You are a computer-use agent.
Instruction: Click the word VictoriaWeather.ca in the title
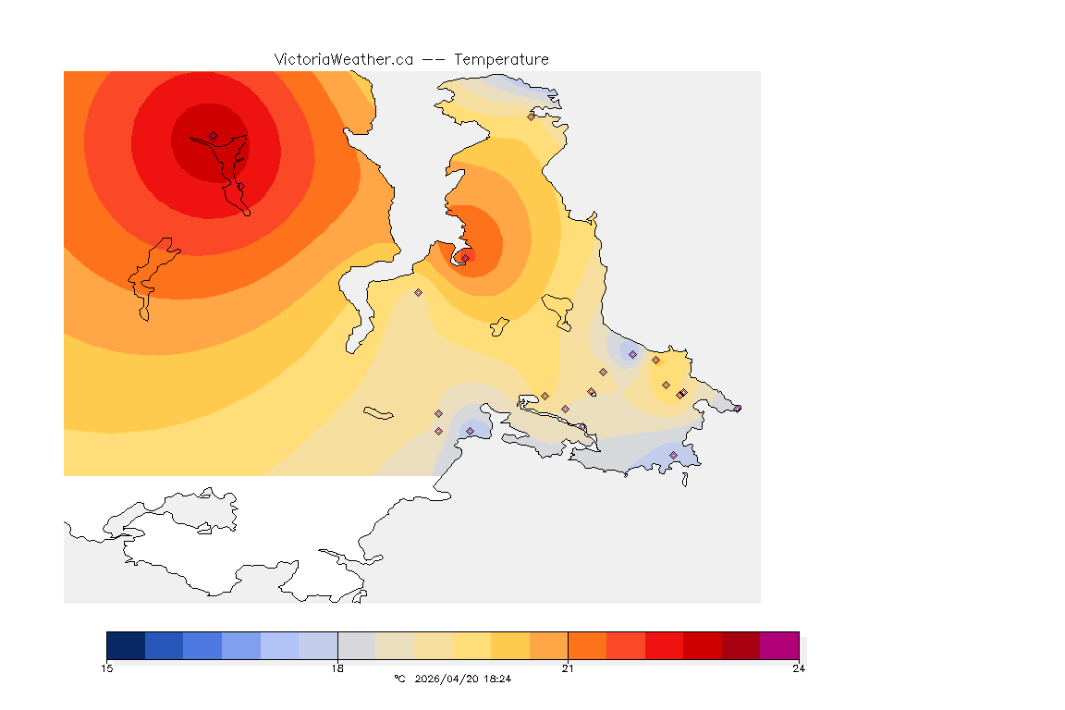coord(343,59)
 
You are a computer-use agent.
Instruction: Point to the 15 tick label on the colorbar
coord(107,668)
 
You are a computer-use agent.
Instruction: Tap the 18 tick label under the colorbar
coord(337,668)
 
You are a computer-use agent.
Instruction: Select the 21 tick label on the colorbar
coord(568,668)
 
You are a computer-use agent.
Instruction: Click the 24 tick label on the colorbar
coord(798,668)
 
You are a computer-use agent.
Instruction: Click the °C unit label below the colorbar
coord(399,679)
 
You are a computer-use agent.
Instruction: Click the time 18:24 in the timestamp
coord(497,679)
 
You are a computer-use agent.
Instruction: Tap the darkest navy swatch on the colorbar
coord(126,644)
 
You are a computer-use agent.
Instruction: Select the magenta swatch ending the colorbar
coord(779,644)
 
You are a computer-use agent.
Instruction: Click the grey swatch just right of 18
coord(357,644)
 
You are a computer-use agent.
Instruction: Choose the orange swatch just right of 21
coord(587,644)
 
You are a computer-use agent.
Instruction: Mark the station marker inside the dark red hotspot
coord(213,136)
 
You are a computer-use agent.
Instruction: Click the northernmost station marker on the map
coord(531,116)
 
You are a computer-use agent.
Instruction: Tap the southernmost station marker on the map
coord(673,455)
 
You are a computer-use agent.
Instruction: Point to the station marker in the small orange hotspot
coord(465,257)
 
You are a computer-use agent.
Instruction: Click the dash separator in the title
coord(434,59)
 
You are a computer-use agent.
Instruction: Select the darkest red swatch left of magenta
coord(741,644)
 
